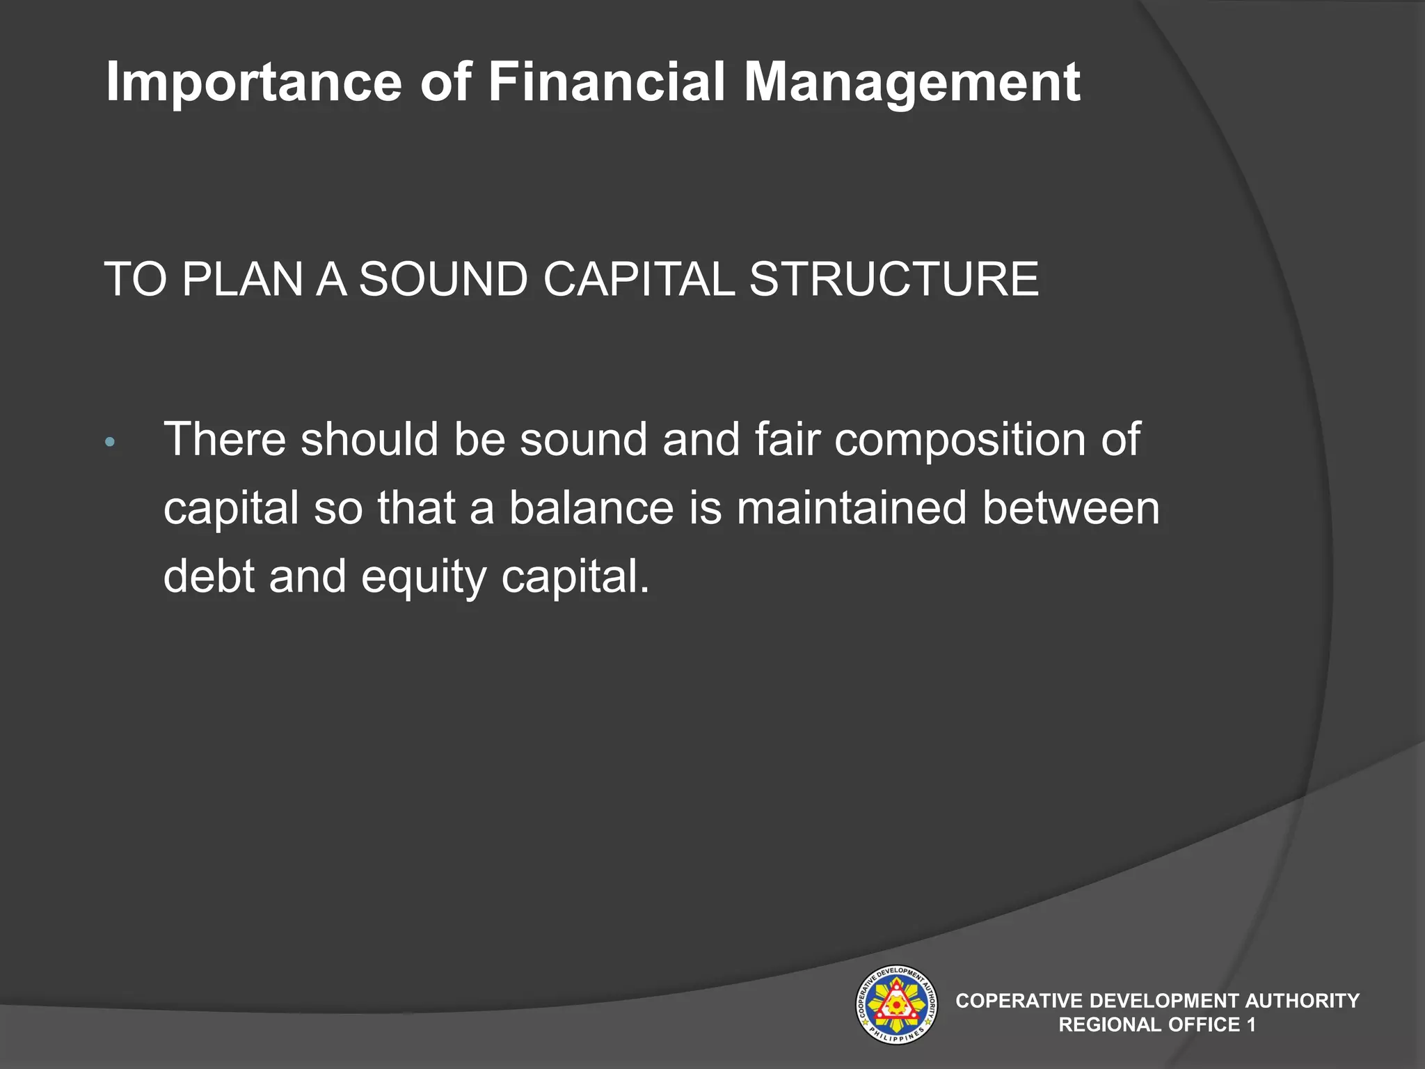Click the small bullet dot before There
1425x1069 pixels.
click(109, 443)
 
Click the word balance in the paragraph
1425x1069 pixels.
click(591, 508)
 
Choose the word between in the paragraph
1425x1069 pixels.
click(1071, 508)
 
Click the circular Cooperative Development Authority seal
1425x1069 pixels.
click(895, 1004)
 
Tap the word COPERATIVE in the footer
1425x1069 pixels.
click(1019, 1001)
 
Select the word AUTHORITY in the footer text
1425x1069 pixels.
click(1302, 1001)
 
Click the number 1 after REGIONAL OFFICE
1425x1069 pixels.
click(1251, 1024)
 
